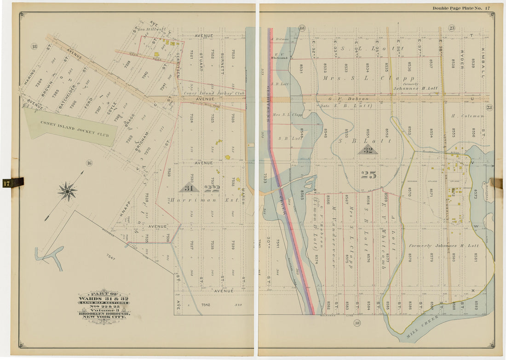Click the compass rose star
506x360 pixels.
tap(68, 191)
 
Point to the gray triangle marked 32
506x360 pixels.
tap(368, 149)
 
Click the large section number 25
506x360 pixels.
tap(368, 175)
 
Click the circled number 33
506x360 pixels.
tap(356, 323)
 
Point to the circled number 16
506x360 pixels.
tap(89, 162)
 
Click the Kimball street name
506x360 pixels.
tap(483, 63)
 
